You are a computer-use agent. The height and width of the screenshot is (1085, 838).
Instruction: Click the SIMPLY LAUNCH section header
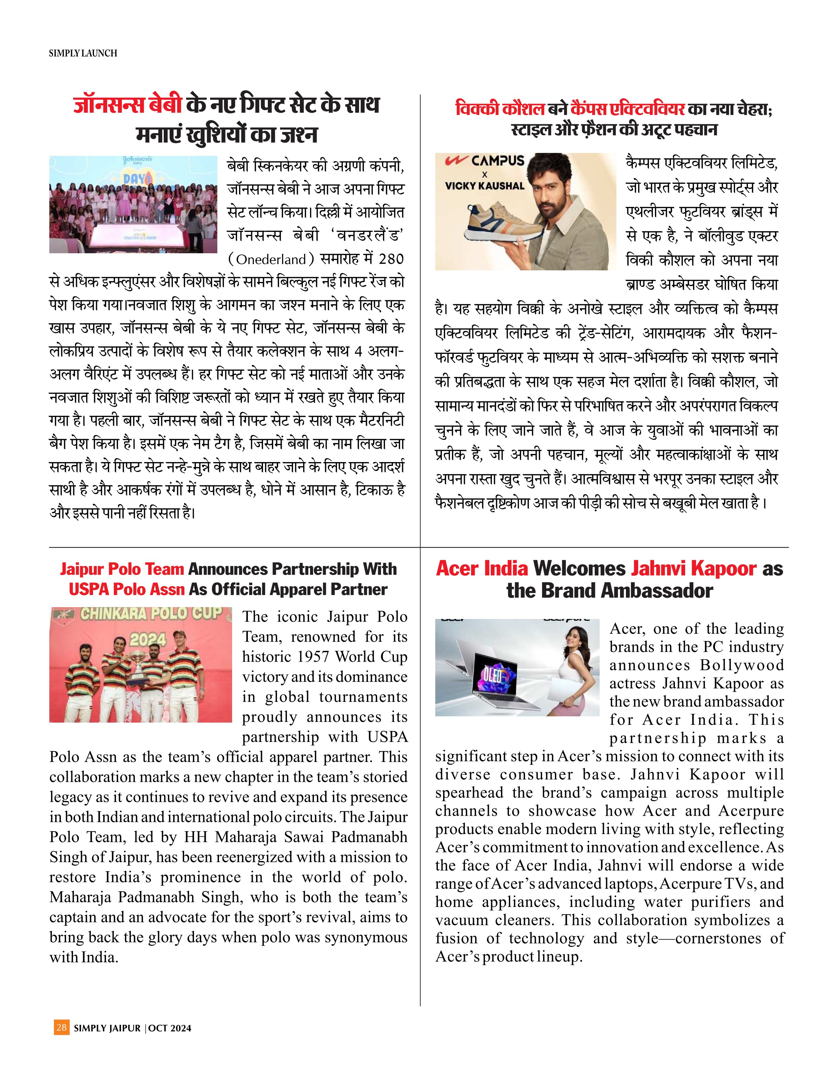point(83,53)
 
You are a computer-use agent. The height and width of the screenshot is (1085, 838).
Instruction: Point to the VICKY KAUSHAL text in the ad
point(484,186)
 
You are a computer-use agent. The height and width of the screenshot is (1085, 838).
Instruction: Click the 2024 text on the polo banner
point(148,639)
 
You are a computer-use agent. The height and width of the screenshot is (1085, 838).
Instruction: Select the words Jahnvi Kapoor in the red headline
point(694,568)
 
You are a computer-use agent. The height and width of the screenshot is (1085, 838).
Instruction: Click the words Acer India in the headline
point(482,568)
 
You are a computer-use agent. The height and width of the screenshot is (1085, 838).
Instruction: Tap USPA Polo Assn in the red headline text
point(127,589)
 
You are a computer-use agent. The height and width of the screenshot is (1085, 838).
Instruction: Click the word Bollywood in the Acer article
point(742,665)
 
